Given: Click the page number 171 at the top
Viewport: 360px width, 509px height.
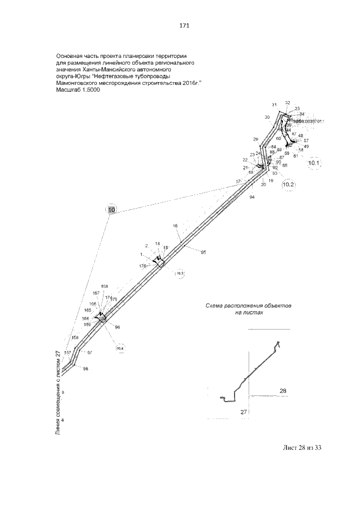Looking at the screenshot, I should [x=183, y=25].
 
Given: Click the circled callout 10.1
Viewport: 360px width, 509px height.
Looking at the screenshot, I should [x=313, y=164].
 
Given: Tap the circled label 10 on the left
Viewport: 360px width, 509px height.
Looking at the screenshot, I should [x=111, y=210].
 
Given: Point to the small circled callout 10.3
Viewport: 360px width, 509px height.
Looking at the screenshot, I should [x=180, y=273].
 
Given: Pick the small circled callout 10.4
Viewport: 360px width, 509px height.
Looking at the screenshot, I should [x=120, y=348].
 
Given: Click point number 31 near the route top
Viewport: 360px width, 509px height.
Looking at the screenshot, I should [x=274, y=105].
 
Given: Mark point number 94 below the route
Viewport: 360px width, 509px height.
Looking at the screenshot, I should [x=251, y=197].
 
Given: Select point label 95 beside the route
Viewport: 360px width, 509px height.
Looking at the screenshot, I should [x=203, y=252].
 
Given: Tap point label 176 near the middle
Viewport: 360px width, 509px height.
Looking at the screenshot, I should [x=142, y=265].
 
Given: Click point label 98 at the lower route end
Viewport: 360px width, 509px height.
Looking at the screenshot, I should [x=85, y=369].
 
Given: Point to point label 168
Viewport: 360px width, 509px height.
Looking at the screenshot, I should [x=105, y=286].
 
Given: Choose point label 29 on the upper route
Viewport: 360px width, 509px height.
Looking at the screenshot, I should [x=255, y=139].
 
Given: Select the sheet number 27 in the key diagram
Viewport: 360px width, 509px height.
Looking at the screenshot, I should [x=244, y=412].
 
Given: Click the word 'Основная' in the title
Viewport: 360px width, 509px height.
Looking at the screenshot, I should [x=70, y=56].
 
